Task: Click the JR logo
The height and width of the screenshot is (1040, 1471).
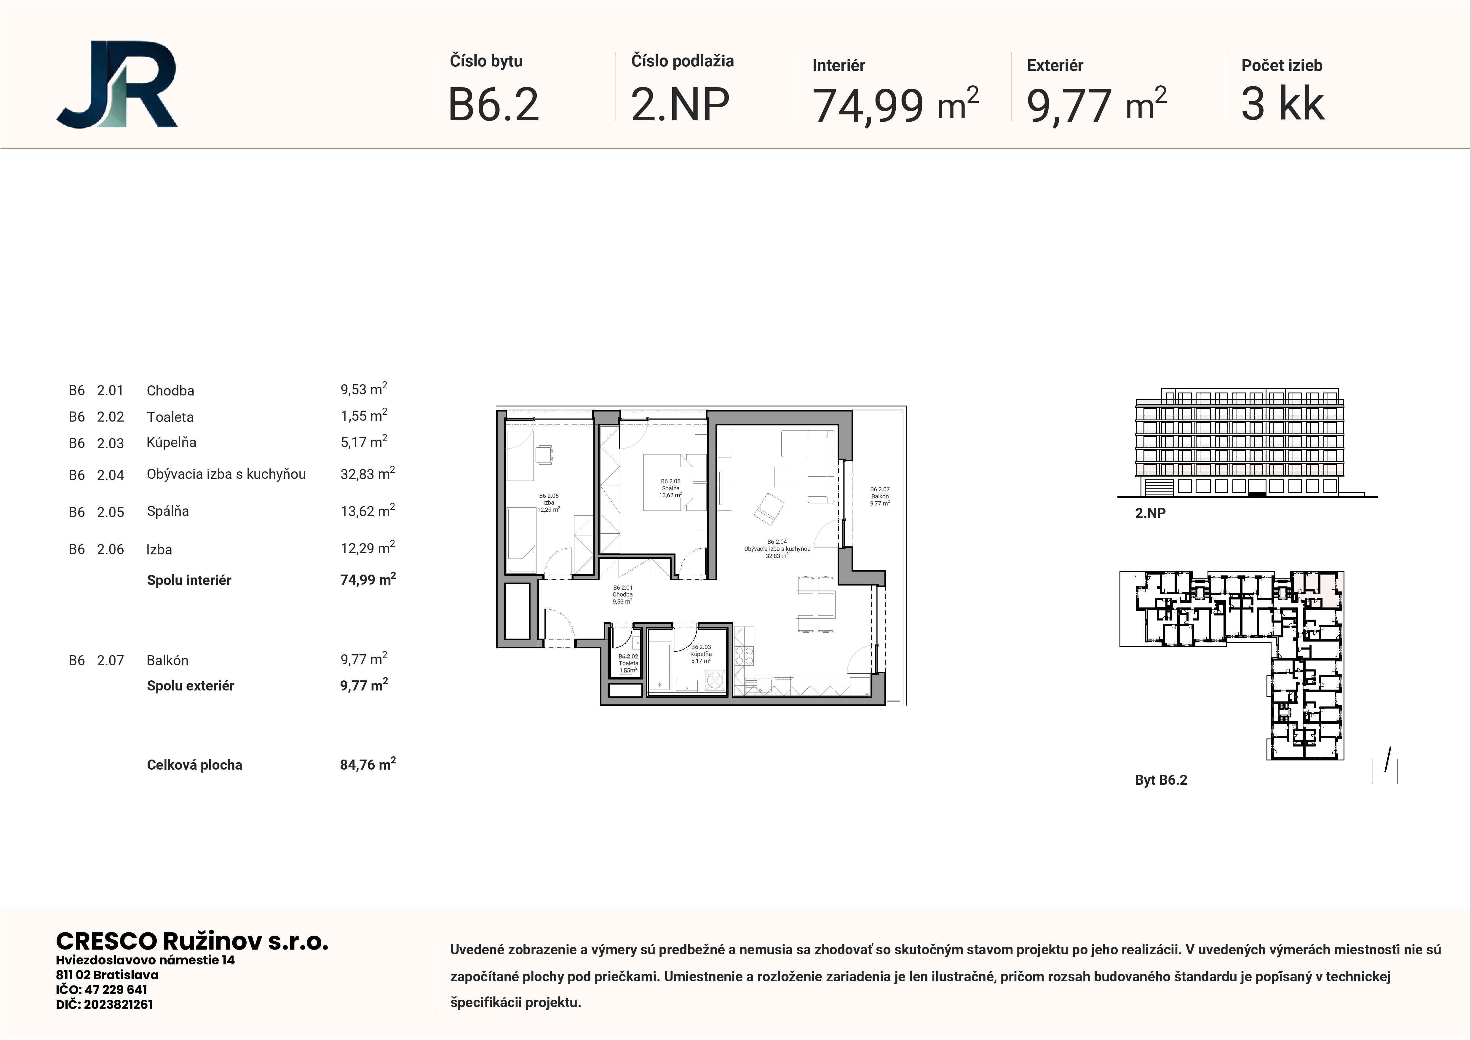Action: [116, 84]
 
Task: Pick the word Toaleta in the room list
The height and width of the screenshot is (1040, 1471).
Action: [170, 417]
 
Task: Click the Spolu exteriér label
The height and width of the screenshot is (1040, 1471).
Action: [190, 686]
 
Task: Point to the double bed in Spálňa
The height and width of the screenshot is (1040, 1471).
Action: [669, 482]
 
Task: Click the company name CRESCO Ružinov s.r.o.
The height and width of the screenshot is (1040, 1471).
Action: [192, 941]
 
